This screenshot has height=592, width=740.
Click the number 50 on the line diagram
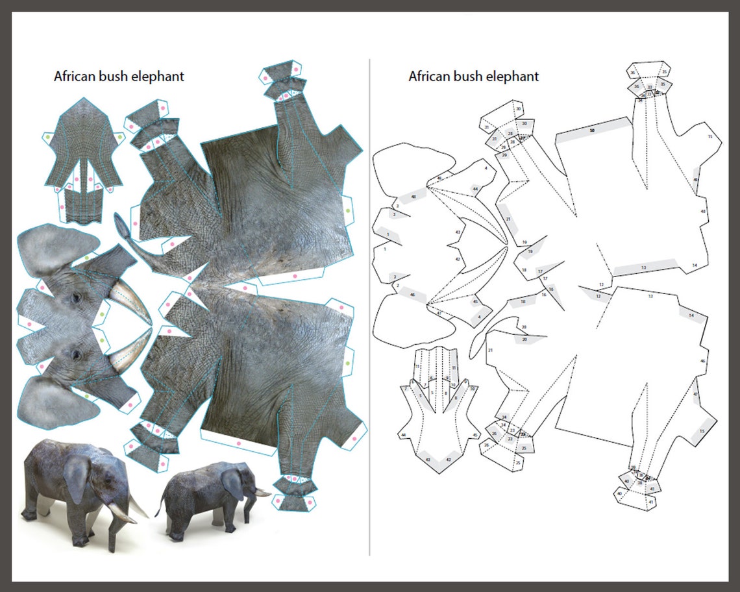click(x=591, y=130)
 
